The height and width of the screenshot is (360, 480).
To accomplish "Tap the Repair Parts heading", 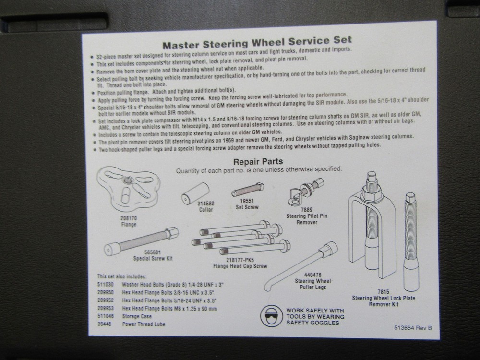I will [258, 161].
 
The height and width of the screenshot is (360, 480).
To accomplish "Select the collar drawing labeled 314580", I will [194, 191].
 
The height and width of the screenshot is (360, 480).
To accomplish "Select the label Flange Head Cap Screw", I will [240, 265].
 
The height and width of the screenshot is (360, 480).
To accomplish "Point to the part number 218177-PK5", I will [240, 260].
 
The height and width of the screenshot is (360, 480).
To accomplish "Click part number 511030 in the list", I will [105, 284].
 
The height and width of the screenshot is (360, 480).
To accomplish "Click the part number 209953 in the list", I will [106, 309].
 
